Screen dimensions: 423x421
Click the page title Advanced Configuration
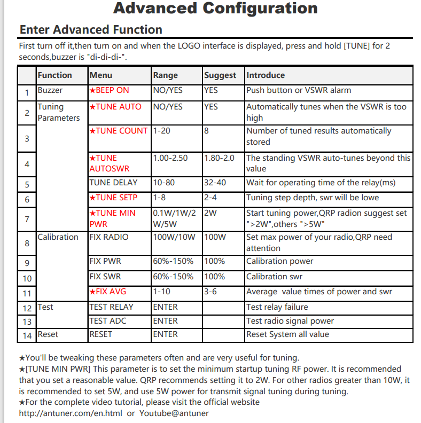pyautogui.click(x=215, y=9)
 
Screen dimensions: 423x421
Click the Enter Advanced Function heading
pyautogui.click(x=91, y=29)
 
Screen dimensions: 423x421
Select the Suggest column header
pyautogui.click(x=220, y=75)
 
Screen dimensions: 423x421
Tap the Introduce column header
pyautogui.click(x=266, y=75)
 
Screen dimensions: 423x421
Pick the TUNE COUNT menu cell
pyautogui.click(x=118, y=131)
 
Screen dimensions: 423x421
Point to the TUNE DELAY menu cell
pyautogui.click(x=113, y=183)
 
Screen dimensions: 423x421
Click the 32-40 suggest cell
pyautogui.click(x=215, y=183)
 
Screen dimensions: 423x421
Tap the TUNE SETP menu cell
pyautogui.click(x=113, y=198)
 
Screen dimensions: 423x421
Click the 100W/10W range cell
pyautogui.click(x=174, y=237)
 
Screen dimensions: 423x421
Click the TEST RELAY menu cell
pyautogui.click(x=111, y=307)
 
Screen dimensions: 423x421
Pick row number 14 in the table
pyautogui.click(x=27, y=335)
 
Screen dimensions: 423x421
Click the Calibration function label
pyautogui.click(x=58, y=237)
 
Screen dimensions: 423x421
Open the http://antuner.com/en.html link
pyautogui.click(x=70, y=413)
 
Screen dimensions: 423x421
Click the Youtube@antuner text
pyautogui.click(x=174, y=413)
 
